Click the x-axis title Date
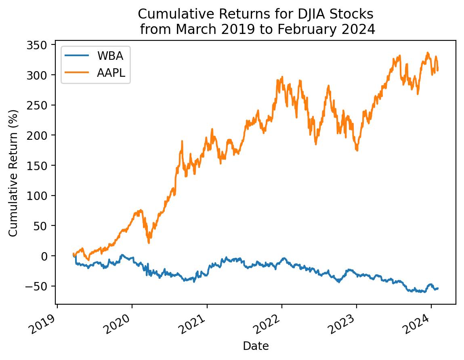256,346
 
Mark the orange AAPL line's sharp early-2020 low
149,242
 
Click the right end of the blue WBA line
438,288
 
